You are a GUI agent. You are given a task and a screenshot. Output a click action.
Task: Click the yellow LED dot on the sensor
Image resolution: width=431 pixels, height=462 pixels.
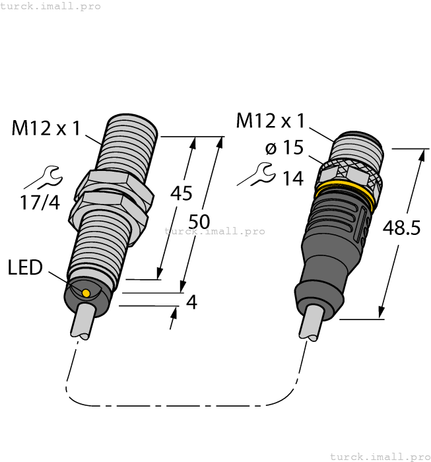pyautogui.click(x=86, y=292)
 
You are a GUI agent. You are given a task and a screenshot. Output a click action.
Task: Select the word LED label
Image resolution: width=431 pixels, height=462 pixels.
pyautogui.click(x=25, y=267)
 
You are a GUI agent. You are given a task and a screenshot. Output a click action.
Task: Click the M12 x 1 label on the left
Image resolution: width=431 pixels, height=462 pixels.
pyautogui.click(x=46, y=127)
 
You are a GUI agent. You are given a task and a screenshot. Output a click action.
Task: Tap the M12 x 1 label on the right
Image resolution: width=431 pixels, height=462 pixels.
pyautogui.click(x=271, y=121)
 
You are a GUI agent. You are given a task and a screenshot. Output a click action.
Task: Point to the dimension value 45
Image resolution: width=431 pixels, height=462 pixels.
pyautogui.click(x=182, y=193)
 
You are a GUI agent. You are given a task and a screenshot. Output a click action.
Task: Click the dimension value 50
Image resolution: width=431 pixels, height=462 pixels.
pyautogui.click(x=202, y=220)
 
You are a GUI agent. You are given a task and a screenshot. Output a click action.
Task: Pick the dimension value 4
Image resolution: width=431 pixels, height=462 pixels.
pyautogui.click(x=191, y=302)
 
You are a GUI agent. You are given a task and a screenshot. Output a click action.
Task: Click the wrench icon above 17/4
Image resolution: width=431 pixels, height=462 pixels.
pyautogui.click(x=46, y=176)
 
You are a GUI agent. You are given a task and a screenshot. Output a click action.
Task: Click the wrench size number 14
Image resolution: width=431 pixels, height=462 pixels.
pyautogui.click(x=292, y=178)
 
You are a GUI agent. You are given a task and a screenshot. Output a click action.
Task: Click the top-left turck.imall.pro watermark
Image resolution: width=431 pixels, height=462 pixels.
pyautogui.click(x=51, y=6)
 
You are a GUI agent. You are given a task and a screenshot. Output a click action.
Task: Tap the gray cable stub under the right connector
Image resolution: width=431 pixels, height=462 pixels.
pyautogui.click(x=311, y=324)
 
